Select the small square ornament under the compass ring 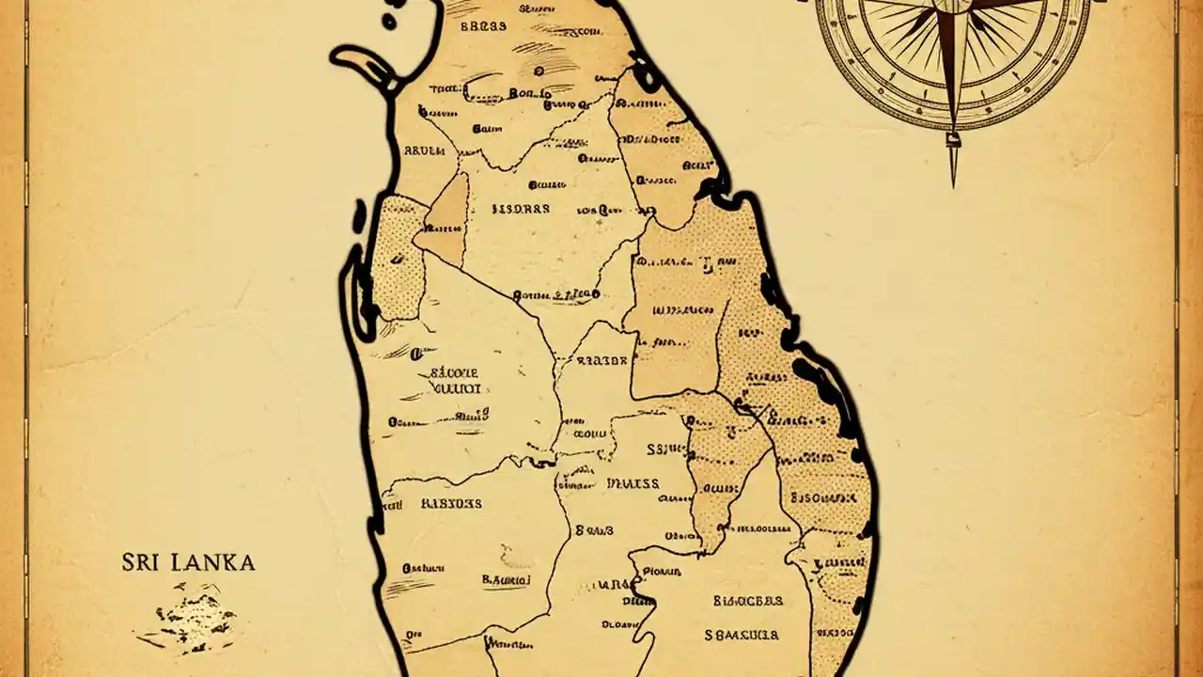[953, 140]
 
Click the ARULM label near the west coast [423, 150]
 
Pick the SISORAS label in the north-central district [521, 208]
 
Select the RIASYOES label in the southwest [450, 503]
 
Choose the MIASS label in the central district [633, 483]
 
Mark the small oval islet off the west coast [359, 216]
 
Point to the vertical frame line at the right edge [1176, 338]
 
